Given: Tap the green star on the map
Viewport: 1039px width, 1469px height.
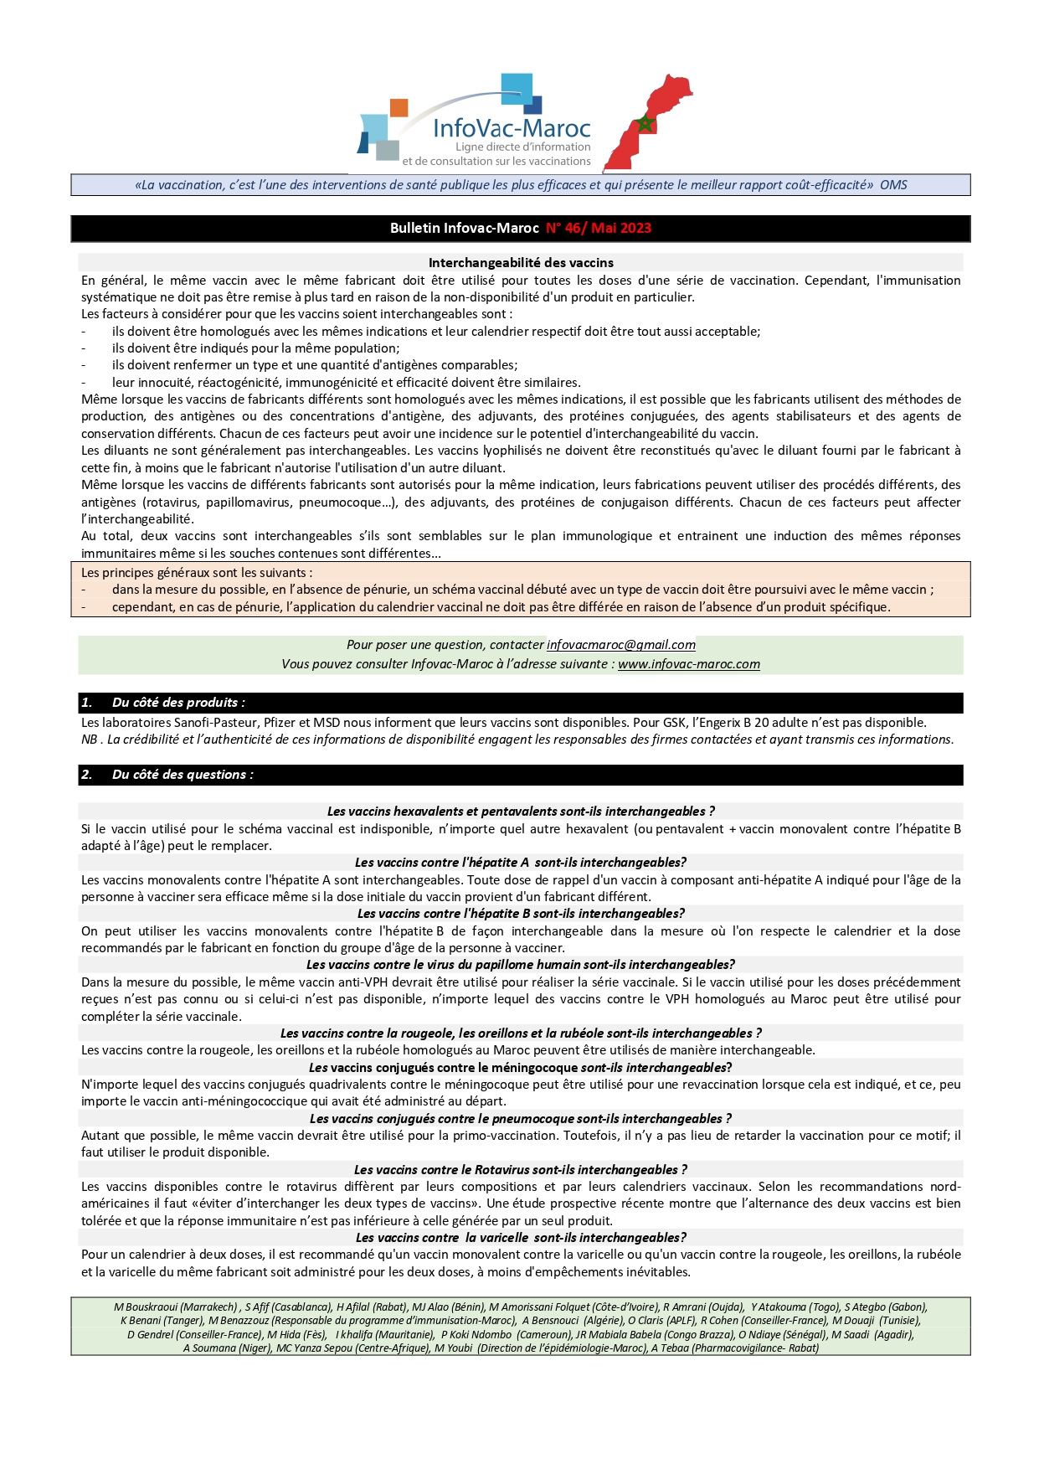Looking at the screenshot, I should [x=645, y=124].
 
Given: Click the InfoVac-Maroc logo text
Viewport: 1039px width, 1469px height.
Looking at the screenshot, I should [x=512, y=128].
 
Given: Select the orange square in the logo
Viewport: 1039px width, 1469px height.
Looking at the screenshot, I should [x=399, y=107].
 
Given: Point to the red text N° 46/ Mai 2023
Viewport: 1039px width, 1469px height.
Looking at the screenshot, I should [x=598, y=228].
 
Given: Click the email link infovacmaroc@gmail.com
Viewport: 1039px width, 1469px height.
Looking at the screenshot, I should [x=620, y=645].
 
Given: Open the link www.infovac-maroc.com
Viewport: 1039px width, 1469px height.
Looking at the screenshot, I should [x=688, y=664].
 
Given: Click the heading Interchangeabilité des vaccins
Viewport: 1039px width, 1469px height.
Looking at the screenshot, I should [x=520, y=263].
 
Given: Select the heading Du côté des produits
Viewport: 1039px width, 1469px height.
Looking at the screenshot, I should [x=178, y=703].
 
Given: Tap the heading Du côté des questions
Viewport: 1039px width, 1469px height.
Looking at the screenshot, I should [x=183, y=775].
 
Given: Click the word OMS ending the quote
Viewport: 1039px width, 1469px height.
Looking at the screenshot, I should [x=893, y=185].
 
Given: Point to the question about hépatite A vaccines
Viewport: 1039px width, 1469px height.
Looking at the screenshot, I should [x=520, y=863].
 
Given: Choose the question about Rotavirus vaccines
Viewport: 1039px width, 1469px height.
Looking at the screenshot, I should [x=520, y=1170].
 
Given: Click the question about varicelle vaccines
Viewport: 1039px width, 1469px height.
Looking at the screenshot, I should [x=520, y=1238].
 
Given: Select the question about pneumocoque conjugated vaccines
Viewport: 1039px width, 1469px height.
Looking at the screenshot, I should [x=520, y=1119].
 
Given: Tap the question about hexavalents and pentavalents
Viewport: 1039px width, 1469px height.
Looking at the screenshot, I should [x=520, y=812].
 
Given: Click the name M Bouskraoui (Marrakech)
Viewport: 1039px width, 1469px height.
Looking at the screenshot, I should [x=176, y=1307].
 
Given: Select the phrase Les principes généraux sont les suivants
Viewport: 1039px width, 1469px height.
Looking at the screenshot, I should [x=196, y=573].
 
